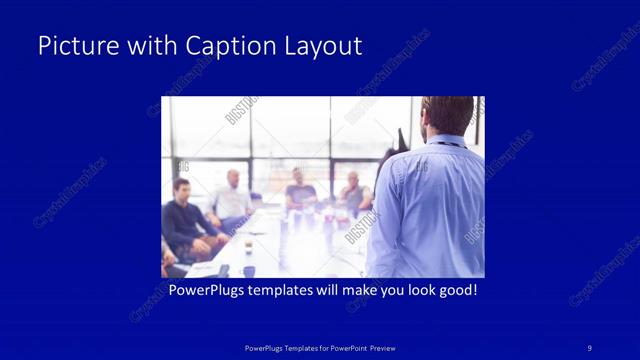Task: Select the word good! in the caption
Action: click(x=456, y=291)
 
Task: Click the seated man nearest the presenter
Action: click(x=352, y=194)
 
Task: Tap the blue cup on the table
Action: click(x=248, y=271)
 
